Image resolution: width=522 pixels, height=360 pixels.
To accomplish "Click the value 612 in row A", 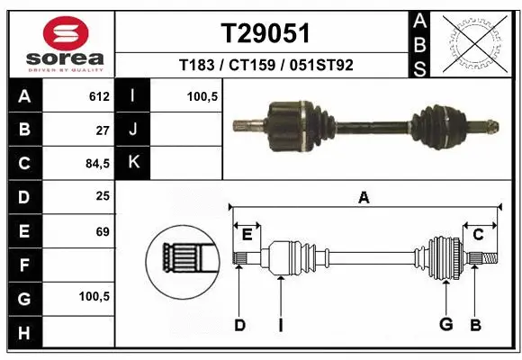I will pyautogui.click(x=99, y=96).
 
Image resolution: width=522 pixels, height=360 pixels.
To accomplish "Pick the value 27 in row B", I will pyautogui.click(x=102, y=130).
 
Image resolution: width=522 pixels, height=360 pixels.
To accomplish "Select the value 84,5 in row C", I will pyautogui.click(x=97, y=164).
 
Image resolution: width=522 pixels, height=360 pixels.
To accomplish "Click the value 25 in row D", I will pyautogui.click(x=102, y=197).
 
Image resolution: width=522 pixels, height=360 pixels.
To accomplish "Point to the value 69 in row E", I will pyautogui.click(x=102, y=231).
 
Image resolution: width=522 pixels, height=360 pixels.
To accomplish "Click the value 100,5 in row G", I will pyautogui.click(x=95, y=296).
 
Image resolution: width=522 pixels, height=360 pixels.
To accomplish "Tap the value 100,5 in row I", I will pyautogui.click(x=203, y=96).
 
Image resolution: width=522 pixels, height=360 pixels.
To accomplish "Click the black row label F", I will pyautogui.click(x=23, y=265).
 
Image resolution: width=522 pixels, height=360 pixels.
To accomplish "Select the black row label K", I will pyautogui.click(x=133, y=164).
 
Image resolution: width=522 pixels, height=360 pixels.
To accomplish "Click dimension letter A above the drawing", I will pyautogui.click(x=364, y=198).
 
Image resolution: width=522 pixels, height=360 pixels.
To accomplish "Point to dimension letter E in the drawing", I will pyautogui.click(x=247, y=235).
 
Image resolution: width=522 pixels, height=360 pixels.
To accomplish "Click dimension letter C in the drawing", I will pyautogui.click(x=479, y=235).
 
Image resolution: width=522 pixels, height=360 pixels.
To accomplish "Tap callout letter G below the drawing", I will pyautogui.click(x=445, y=325).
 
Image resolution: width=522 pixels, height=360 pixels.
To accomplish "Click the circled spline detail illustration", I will pyautogui.click(x=184, y=258).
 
